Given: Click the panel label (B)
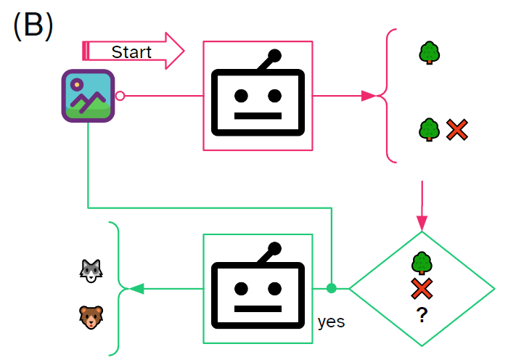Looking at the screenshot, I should tap(33, 25).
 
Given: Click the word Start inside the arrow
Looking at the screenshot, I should tap(131, 52).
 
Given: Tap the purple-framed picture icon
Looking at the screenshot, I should tap(88, 96).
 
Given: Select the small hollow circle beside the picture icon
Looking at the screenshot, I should tap(120, 96).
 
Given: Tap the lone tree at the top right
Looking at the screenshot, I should tap(430, 53).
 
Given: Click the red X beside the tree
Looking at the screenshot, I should tap(456, 130).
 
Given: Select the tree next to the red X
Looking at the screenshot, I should tap(430, 130).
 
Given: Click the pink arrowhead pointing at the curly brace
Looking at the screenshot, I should tap(369, 96).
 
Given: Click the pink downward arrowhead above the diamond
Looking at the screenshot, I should tap(422, 222).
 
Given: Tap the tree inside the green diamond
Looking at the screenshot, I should tap(422, 263).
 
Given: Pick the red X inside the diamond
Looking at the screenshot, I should tap(422, 289).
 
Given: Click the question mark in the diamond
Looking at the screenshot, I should tap(421, 316).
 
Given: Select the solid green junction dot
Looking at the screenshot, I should tap(332, 289).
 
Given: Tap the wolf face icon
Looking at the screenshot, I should tap(90, 271).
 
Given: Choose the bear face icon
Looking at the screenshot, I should tap(90, 316).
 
